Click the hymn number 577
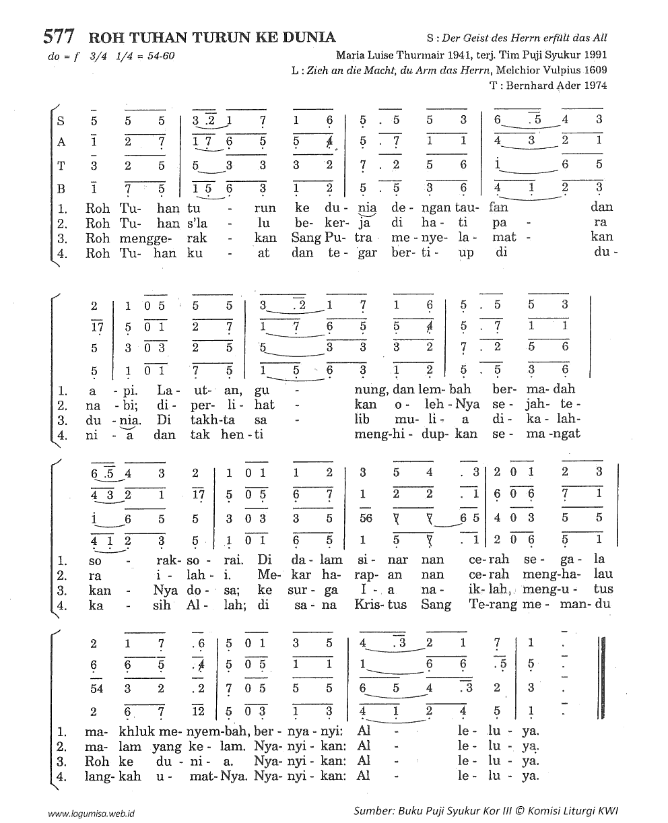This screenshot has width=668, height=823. click(59, 36)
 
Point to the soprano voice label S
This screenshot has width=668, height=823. click(61, 121)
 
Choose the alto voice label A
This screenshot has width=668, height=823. click(61, 142)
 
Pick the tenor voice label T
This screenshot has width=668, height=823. click(61, 164)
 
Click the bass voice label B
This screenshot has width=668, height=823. click(61, 187)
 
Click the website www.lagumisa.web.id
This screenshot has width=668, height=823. click(92, 813)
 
